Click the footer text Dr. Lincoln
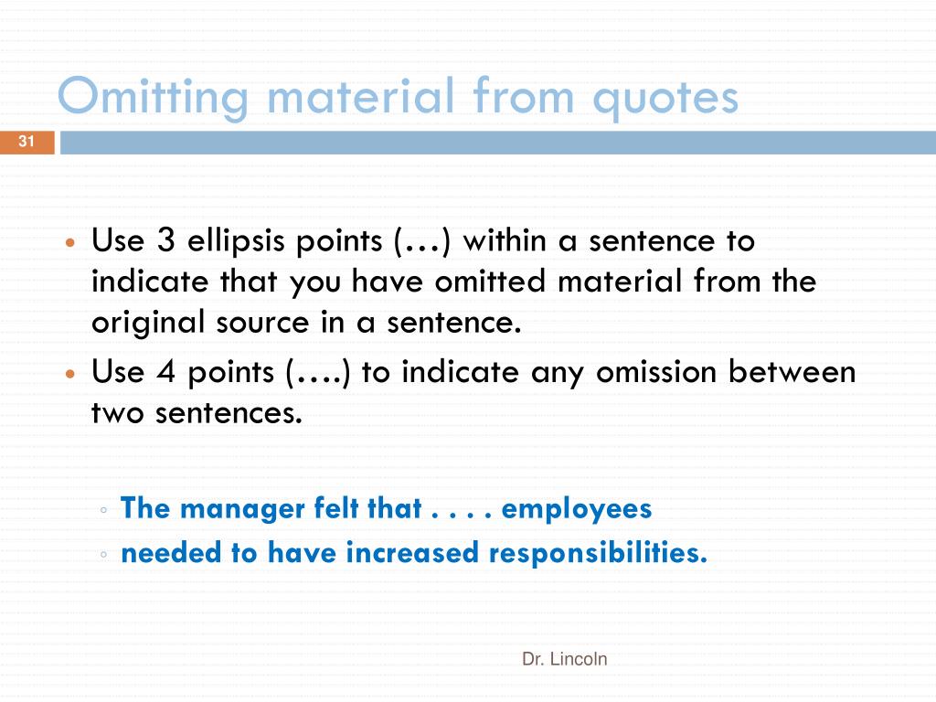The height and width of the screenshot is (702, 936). point(564,658)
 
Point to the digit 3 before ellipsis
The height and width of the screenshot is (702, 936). point(165,241)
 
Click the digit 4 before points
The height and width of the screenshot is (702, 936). point(165,373)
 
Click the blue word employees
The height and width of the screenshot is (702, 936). point(577,508)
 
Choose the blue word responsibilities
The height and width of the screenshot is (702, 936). point(598,553)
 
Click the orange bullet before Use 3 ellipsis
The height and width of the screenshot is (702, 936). point(70,245)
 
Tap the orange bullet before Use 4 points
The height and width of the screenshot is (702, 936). point(70,376)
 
